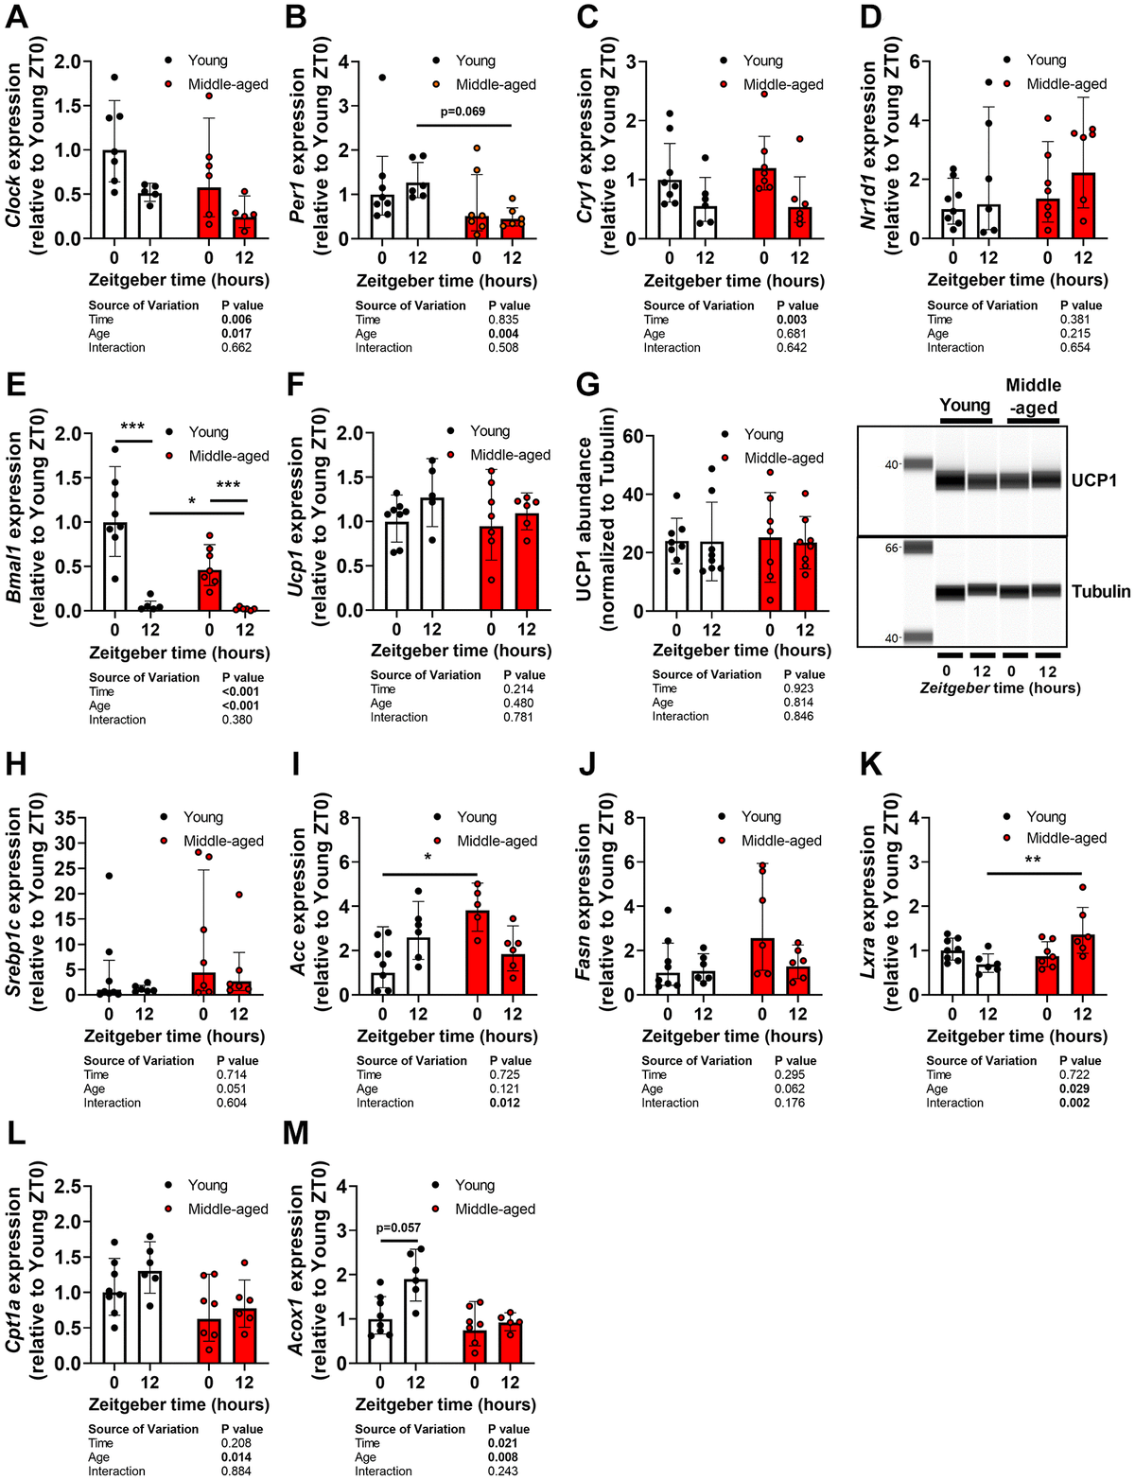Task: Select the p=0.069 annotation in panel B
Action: coord(463,112)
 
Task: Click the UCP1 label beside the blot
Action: coord(1094,480)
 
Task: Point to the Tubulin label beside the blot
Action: coord(1101,591)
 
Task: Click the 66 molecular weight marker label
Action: coord(891,548)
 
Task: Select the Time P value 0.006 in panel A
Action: coord(236,320)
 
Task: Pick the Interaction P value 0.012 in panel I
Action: coord(504,1103)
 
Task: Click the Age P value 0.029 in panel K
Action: coord(1074,1088)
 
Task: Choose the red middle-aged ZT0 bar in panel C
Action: coord(764,203)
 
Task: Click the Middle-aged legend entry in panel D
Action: coord(1065,84)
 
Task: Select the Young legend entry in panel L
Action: coord(207,1185)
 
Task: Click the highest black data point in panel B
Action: coord(382,78)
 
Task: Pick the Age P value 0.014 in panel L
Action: coord(236,1457)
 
